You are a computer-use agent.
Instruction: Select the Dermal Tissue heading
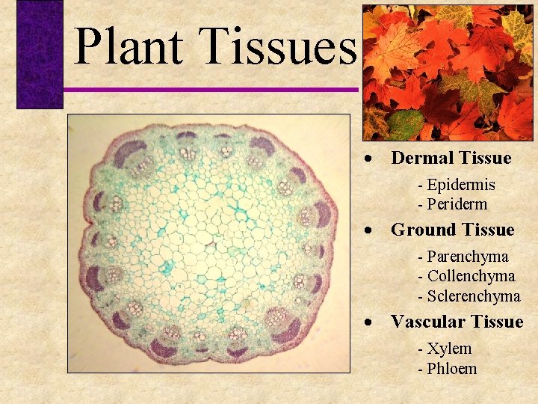[451, 158]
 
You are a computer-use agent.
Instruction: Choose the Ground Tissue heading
[452, 230]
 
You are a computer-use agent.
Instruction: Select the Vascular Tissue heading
[457, 322]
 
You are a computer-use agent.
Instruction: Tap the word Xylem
[449, 349]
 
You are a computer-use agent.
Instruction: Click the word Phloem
[451, 368]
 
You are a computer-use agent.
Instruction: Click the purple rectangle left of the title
[40, 54]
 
